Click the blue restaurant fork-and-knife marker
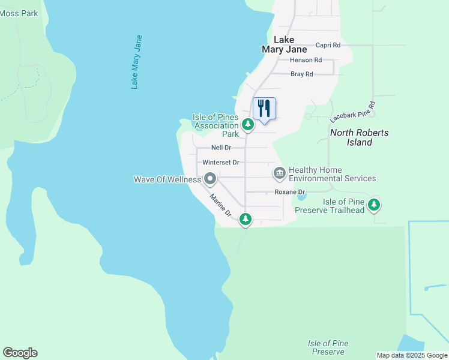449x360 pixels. coord(264,109)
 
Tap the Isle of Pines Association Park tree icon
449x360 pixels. coord(247,124)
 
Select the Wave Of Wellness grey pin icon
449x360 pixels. coord(210,179)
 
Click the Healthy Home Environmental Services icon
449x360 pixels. coord(279,173)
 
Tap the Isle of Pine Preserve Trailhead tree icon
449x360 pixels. coord(374,205)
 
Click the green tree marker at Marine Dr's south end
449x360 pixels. coord(245,220)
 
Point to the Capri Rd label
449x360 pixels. coord(328,45)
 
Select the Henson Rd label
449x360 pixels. coord(306,60)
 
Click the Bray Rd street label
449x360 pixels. coord(302,74)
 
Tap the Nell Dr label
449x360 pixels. coord(221,148)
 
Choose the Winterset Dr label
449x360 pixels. coord(221,163)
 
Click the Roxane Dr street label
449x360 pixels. coord(290,192)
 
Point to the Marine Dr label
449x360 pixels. coord(220,205)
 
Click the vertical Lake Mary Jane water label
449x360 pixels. coord(137,62)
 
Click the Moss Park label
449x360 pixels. coord(19,13)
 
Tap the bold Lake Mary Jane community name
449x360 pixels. coord(284,44)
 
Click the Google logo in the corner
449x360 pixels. coord(20,353)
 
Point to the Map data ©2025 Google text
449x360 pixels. coord(412,355)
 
